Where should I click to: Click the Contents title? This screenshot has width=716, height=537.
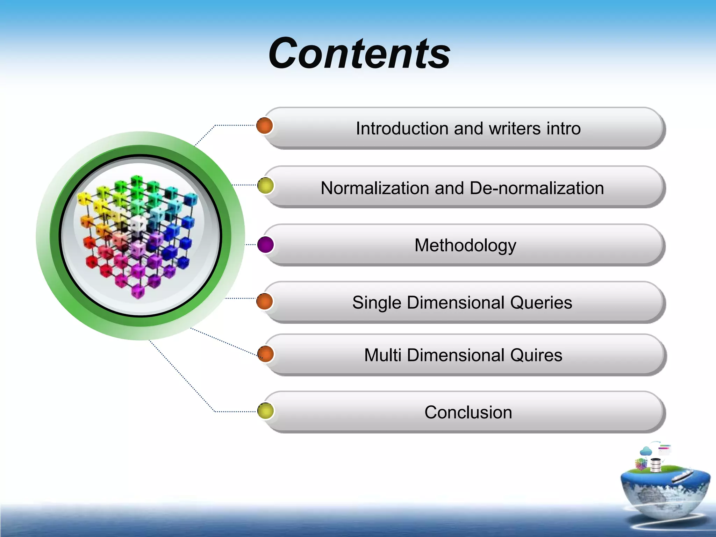(x=359, y=53)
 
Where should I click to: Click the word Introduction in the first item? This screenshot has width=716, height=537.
(x=402, y=128)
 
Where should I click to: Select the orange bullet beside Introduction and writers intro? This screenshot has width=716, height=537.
(x=264, y=126)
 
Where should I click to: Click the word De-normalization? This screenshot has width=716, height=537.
(x=537, y=188)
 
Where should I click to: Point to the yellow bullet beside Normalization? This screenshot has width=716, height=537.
(x=265, y=186)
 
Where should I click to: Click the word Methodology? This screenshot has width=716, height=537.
(x=465, y=245)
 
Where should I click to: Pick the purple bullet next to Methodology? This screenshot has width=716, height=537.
(x=265, y=245)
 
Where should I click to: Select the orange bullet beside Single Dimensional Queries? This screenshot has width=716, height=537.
(x=264, y=301)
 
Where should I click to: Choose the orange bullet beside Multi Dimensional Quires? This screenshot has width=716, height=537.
(x=265, y=354)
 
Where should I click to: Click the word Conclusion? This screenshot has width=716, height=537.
(x=468, y=412)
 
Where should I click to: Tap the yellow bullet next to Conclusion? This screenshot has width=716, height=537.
(x=265, y=411)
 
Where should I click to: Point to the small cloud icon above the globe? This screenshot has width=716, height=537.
(x=646, y=451)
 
